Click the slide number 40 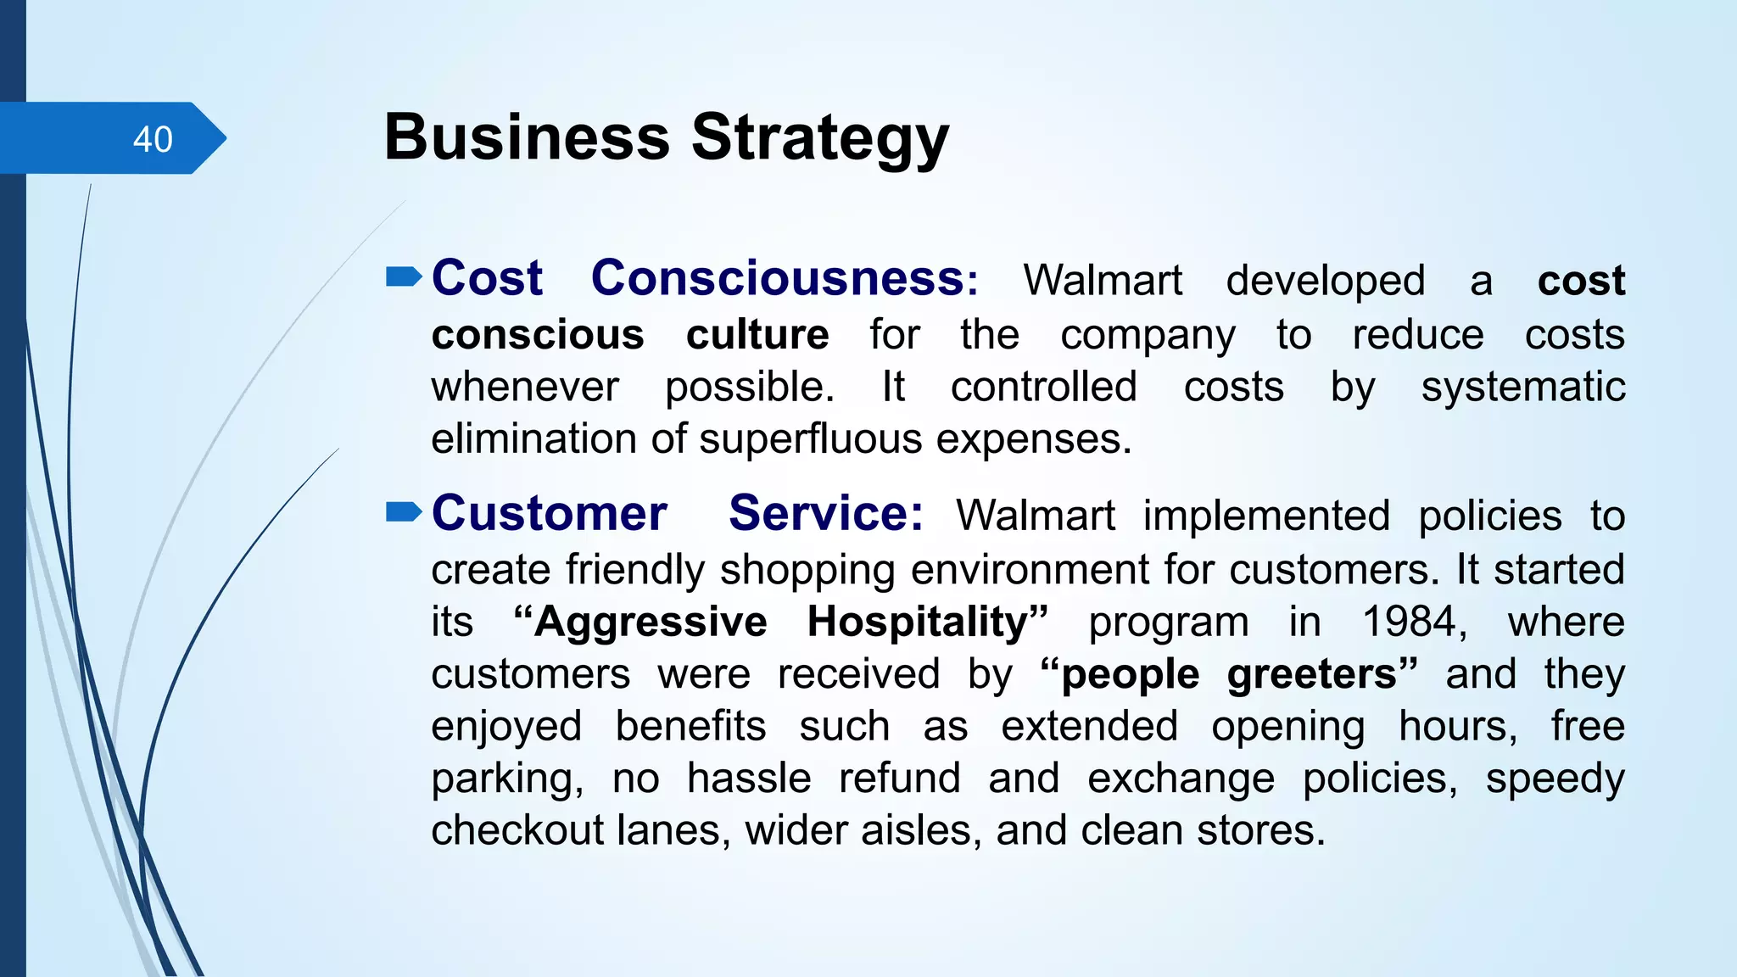coord(153,139)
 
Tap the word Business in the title coord(527,137)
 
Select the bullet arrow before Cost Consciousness coord(404,277)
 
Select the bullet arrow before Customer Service coord(404,512)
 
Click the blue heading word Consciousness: coord(785,278)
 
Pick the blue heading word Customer coord(550,514)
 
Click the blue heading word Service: coord(825,514)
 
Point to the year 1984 coord(1413,622)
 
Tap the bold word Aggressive coord(651,622)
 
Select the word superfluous coord(810,439)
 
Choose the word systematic coord(1522,388)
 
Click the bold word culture coord(757,335)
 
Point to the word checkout coord(517,830)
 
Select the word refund coord(899,779)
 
